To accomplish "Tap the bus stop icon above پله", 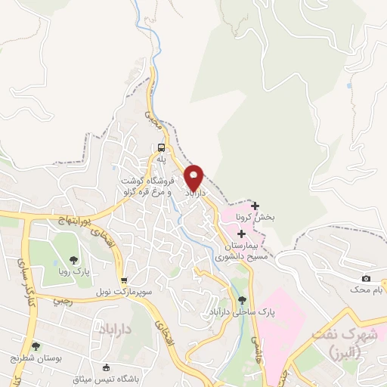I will point(161,147).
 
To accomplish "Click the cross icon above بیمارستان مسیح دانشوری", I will point(241,234).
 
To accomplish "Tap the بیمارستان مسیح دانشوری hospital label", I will point(241,252).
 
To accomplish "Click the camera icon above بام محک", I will point(366,279).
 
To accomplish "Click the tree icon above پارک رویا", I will point(74,258).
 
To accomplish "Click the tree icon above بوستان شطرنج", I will point(36,346).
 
